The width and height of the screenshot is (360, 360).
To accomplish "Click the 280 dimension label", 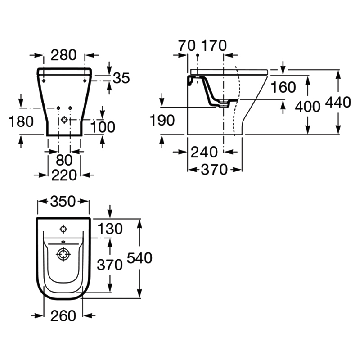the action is point(63,55).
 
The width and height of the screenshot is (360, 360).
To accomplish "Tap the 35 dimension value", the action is point(121,78).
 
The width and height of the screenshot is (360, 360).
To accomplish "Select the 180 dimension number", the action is point(21,121).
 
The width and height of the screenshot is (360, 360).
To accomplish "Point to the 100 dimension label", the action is point(103,127).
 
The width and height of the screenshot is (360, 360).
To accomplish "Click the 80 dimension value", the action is point(64,160).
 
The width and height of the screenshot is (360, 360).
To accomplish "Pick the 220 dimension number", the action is point(64,175).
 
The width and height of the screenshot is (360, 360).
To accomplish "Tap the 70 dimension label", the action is point(187,45).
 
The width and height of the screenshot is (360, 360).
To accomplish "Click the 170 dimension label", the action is point(214,45).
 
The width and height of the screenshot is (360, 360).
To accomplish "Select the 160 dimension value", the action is point(283,87).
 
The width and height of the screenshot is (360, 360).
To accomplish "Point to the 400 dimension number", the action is point(307,107).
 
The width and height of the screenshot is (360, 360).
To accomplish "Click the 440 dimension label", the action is point(338,102).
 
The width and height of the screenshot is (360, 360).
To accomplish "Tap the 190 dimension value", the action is point(162,120).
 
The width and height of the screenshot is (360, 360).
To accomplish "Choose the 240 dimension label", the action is point(204,152).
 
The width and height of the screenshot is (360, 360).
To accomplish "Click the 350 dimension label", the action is point(63,201).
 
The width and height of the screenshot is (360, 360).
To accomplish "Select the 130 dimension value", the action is point(110,229).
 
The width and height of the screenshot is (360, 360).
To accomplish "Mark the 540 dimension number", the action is point(139,258).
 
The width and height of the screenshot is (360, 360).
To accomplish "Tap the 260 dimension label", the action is point(63,316).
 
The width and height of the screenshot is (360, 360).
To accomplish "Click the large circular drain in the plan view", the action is point(63,254).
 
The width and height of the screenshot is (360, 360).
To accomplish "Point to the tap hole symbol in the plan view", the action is point(63,229).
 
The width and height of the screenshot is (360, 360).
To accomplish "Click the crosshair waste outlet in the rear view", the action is point(64,120).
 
